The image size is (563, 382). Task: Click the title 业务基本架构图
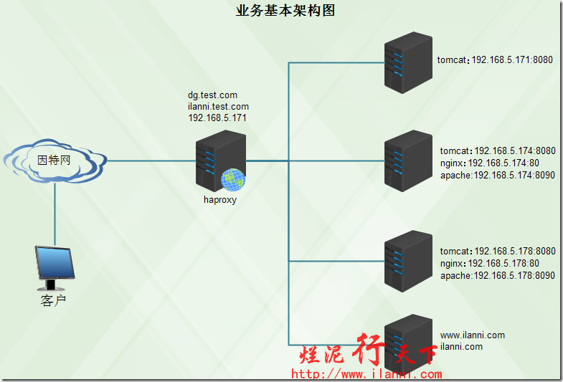pyautogui.click(x=285, y=11)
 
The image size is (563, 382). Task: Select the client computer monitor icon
pyautogui.click(x=55, y=265)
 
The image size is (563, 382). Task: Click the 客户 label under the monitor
pyautogui.click(x=54, y=300)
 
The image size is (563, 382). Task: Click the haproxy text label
pyautogui.click(x=220, y=200)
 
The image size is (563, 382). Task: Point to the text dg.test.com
pyautogui.click(x=212, y=95)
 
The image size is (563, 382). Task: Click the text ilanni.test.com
pyautogui.click(x=218, y=106)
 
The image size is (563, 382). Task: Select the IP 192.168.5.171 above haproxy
pyautogui.click(x=217, y=118)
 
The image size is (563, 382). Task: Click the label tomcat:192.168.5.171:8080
pyautogui.click(x=495, y=60)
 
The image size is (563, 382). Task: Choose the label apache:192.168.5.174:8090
pyautogui.click(x=497, y=174)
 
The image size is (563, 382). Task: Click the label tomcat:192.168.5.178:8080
pyautogui.click(x=497, y=252)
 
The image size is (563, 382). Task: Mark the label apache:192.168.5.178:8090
pyautogui.click(x=497, y=275)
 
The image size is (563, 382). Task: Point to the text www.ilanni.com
pyautogui.click(x=472, y=335)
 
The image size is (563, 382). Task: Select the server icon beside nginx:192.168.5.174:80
pyautogui.click(x=407, y=161)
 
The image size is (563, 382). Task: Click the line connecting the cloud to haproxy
pyautogui.click(x=151, y=161)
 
